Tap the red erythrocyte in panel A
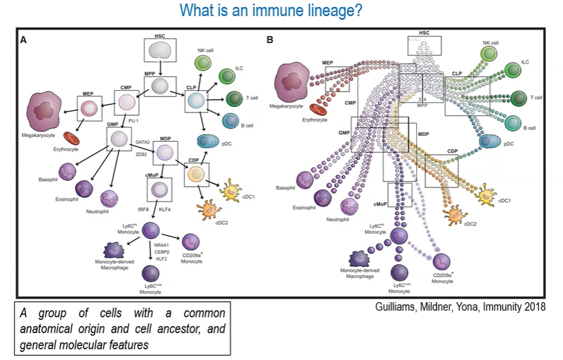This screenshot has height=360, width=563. pos(72,137)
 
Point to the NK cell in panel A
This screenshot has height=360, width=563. pos(203,63)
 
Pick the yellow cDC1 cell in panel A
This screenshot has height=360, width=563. pos(233,192)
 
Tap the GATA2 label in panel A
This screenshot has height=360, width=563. pos(142,142)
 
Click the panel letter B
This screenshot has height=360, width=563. pos(271,40)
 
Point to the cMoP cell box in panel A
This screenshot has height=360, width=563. pos(158,189)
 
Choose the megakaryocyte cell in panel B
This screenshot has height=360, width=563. pos(292,86)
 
